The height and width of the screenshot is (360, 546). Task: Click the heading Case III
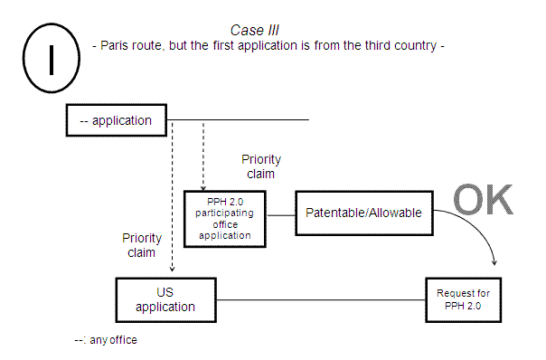click(x=259, y=30)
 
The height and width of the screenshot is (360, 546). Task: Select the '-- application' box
click(x=116, y=119)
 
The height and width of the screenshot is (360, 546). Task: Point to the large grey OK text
click(x=482, y=200)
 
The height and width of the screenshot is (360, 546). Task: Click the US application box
click(x=165, y=299)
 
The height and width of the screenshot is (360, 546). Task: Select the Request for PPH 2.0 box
click(x=463, y=299)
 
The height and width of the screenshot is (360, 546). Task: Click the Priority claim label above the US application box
click(x=142, y=245)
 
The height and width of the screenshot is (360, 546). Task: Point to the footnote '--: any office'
click(x=107, y=341)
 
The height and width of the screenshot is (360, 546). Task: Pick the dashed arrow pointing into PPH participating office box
click(x=203, y=158)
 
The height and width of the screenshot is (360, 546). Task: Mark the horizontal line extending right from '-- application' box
click(x=244, y=119)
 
